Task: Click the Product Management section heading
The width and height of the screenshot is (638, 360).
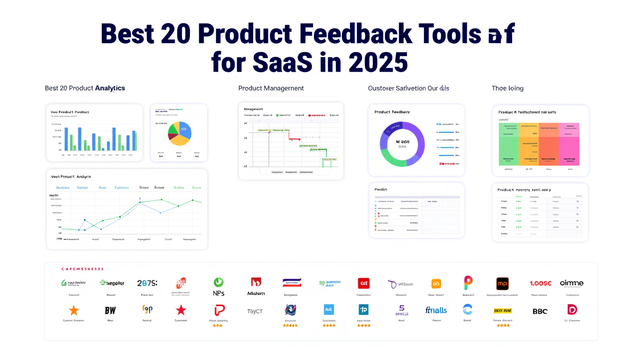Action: click(x=271, y=88)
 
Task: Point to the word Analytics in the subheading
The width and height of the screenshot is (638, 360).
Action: click(x=110, y=88)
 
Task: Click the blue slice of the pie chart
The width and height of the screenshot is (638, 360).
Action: click(x=184, y=131)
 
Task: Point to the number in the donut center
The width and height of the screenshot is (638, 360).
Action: click(x=402, y=142)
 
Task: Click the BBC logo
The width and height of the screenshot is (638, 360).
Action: click(x=540, y=311)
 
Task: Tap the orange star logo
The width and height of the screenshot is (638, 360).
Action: click(x=74, y=310)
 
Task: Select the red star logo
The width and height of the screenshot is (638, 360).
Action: click(x=181, y=310)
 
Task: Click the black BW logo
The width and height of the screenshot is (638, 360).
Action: click(x=110, y=310)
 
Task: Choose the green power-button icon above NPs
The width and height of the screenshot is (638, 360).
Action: click(x=219, y=282)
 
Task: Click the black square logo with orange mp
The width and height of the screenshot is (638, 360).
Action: click(x=502, y=284)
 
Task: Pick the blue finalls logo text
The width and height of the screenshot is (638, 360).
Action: click(x=436, y=310)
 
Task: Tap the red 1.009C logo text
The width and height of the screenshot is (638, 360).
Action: click(x=540, y=283)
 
